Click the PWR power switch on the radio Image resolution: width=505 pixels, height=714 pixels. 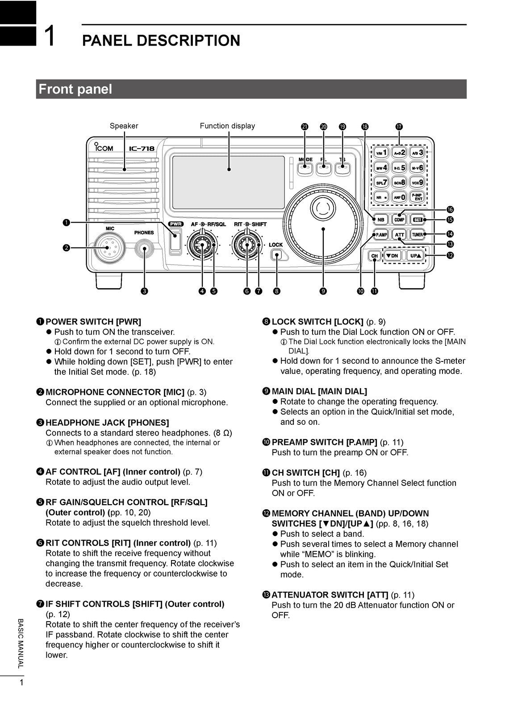click(x=175, y=241)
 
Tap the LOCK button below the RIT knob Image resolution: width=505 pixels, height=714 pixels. click(x=277, y=255)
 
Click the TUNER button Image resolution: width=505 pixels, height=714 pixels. click(x=417, y=234)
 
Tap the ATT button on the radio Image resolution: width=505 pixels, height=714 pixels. click(x=399, y=234)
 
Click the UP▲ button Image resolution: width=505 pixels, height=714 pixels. click(x=415, y=256)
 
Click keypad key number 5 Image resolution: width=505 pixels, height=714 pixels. click(x=399, y=168)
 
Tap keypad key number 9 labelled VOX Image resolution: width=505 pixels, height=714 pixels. click(x=417, y=182)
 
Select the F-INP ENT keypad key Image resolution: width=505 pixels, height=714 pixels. click(x=417, y=196)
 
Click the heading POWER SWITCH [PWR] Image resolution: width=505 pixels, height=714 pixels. click(x=93, y=321)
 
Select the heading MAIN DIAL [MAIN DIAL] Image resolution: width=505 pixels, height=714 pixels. click(x=319, y=391)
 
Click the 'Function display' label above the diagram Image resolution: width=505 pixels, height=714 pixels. click(x=227, y=126)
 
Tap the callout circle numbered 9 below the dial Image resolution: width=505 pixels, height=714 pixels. click(x=323, y=291)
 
